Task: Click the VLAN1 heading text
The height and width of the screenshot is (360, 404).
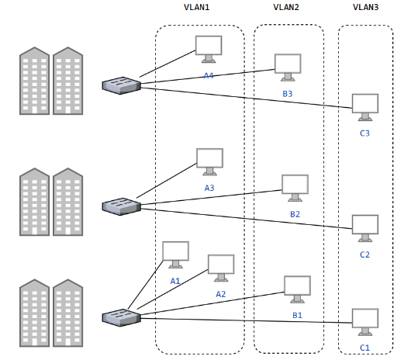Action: click(196, 7)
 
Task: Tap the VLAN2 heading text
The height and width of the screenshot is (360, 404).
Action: click(286, 7)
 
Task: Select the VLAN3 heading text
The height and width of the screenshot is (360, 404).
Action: click(365, 7)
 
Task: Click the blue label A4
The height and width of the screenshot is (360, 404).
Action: click(209, 75)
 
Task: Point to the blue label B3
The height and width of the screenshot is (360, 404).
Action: click(288, 94)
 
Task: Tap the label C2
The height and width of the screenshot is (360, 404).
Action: click(364, 254)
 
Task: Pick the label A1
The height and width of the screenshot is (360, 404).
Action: click(175, 281)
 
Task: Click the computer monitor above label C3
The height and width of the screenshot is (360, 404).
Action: click(365, 107)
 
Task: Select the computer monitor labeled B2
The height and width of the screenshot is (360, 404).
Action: click(295, 188)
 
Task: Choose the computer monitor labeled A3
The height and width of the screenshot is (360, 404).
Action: click(209, 162)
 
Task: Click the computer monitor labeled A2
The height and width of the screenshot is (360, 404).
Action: click(221, 268)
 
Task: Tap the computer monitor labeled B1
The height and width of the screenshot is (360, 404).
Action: click(297, 289)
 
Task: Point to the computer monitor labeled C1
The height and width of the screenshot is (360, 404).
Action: click(365, 322)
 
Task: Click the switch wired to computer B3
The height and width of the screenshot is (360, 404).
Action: click(122, 85)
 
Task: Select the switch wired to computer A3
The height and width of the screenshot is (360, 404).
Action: click(122, 206)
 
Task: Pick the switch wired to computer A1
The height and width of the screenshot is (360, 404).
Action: click(122, 317)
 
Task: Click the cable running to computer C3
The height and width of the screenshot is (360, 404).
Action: click(247, 98)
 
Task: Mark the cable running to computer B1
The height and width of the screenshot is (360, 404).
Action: click(212, 303)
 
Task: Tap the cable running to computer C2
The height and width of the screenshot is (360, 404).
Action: click(247, 219)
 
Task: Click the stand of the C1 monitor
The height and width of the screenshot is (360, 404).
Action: click(365, 332)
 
